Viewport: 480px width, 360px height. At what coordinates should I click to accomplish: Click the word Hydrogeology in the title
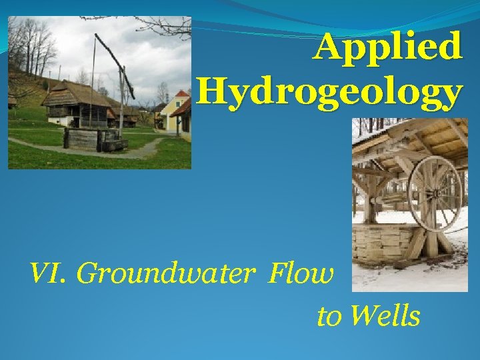329,93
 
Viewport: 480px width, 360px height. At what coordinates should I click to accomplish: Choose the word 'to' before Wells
329,317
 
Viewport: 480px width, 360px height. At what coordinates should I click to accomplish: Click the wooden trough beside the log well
115,144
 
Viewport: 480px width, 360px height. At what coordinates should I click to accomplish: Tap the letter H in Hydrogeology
212,93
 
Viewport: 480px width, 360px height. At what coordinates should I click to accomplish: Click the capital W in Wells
360,315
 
